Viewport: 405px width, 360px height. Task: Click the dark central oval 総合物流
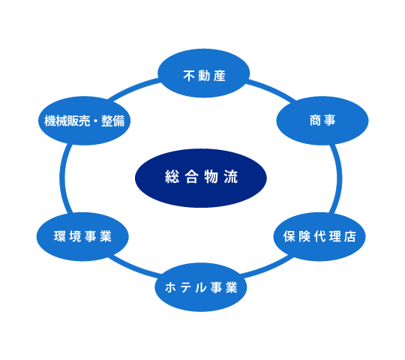tap(201, 178)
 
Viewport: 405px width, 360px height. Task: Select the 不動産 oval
tap(203, 73)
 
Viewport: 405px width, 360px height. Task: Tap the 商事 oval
tap(322, 121)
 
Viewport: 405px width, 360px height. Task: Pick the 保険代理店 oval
tap(319, 236)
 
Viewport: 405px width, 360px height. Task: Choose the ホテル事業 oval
tap(201, 287)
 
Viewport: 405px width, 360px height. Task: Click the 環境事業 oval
tap(82, 236)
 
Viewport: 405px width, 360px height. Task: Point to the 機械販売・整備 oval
tap(84, 121)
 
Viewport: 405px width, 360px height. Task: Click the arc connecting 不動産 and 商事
tap(272, 89)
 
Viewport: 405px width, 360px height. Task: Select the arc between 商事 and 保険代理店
tap(338, 178)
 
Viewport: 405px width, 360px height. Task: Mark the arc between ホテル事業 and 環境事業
tap(134, 268)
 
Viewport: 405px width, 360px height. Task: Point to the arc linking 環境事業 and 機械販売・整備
tap(62, 178)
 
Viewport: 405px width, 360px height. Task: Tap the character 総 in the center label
tap(172, 177)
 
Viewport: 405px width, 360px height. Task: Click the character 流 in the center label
tap(231, 177)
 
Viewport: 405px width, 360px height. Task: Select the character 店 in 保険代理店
tap(350, 236)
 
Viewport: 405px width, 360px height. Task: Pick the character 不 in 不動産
tap(189, 76)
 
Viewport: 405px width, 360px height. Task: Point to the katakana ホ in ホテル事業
tap(171, 287)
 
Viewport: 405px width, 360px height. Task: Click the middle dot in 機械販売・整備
tap(95, 121)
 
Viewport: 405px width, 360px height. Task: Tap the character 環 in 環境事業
tap(60, 236)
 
